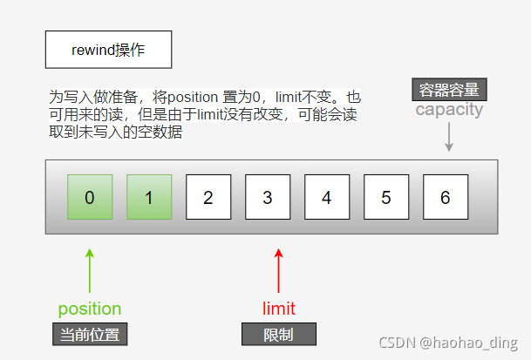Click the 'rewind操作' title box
click(108, 50)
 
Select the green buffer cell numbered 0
click(90, 197)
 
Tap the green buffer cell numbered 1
click(149, 197)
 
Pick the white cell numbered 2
click(208, 197)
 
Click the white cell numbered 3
click(267, 197)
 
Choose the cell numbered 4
click(326, 197)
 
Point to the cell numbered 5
click(385, 197)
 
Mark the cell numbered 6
click(445, 197)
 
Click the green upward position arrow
click(89, 270)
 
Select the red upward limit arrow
click(279, 270)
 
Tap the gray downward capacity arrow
click(449, 137)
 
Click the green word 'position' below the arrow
click(89, 309)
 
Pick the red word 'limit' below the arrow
click(279, 309)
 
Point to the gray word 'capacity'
click(449, 110)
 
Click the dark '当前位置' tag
click(89, 333)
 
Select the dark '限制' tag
click(279, 335)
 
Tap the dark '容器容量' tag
click(449, 89)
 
